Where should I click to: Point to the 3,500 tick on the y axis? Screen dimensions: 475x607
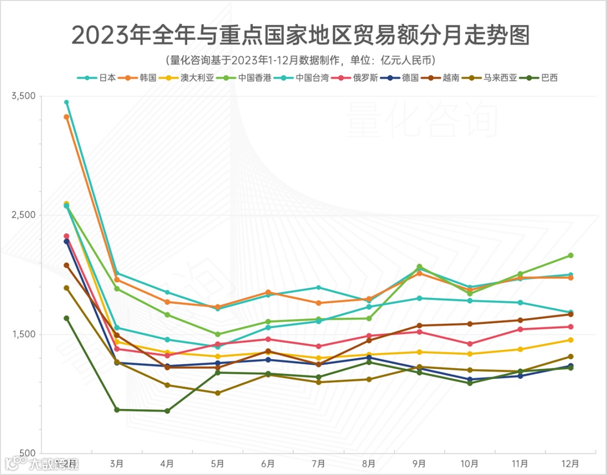coord(23,96)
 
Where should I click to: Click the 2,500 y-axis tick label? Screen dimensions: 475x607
coord(23,215)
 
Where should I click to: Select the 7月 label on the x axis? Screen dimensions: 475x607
coord(318,464)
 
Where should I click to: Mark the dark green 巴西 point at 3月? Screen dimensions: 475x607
coord(117,410)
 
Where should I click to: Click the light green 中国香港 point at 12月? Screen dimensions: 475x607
coord(570,256)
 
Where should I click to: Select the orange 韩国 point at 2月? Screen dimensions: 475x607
coord(66,117)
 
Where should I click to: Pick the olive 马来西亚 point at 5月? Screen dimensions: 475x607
coord(218,393)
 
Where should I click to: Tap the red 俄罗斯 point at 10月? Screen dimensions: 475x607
coord(470,344)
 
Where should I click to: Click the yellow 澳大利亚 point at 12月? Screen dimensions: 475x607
coord(570,340)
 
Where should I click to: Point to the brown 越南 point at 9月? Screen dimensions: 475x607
coord(419,325)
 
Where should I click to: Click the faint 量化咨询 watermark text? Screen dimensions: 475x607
coord(422,120)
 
